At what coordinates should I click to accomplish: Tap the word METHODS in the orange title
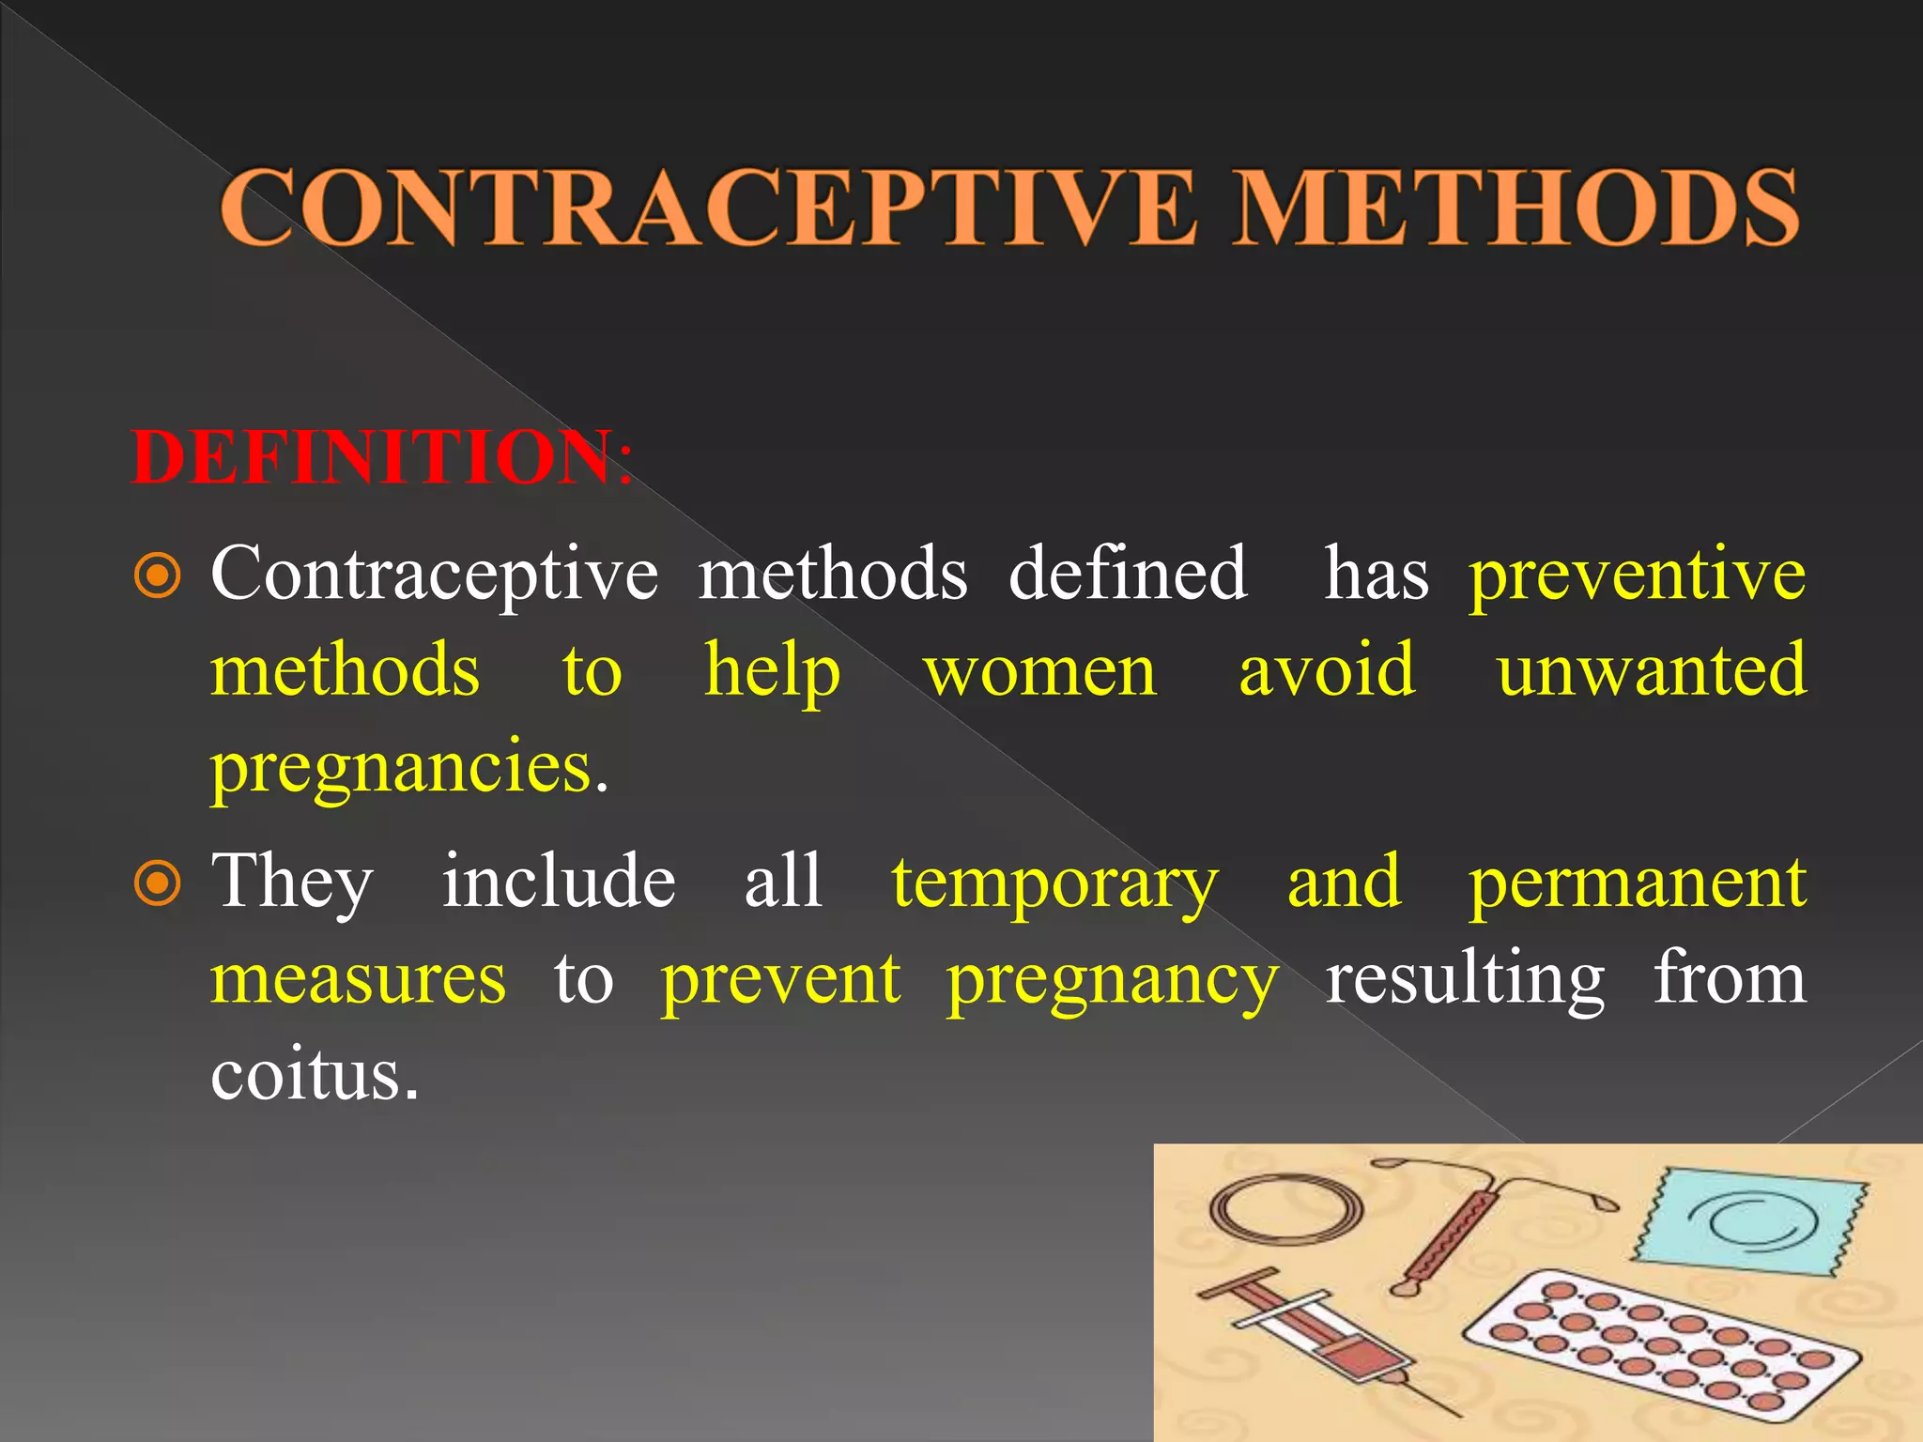1515,208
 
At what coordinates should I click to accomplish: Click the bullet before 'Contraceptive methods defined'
158,575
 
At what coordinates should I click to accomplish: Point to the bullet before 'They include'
158,882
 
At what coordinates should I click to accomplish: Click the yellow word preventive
1637,575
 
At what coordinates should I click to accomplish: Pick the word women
1040,672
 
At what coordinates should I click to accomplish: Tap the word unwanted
1651,672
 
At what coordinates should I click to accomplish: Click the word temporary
1054,882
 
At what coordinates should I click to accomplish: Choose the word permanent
1637,882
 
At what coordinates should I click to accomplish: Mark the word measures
358,978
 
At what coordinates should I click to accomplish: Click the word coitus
314,1075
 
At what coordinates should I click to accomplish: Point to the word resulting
1465,978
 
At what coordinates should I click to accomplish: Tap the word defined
1127,575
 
